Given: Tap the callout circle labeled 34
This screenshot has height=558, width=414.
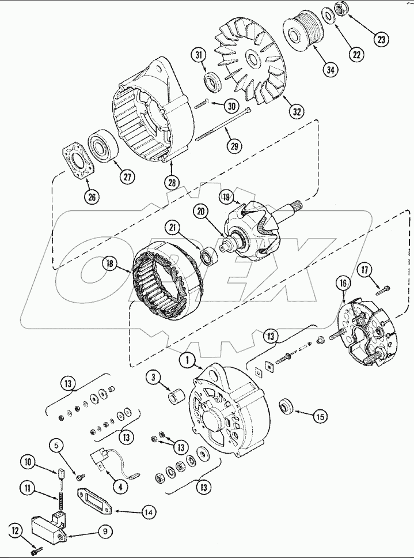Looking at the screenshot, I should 330,70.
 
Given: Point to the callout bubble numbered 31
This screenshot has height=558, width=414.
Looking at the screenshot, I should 199,55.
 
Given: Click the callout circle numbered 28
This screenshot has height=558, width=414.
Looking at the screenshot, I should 171,183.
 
